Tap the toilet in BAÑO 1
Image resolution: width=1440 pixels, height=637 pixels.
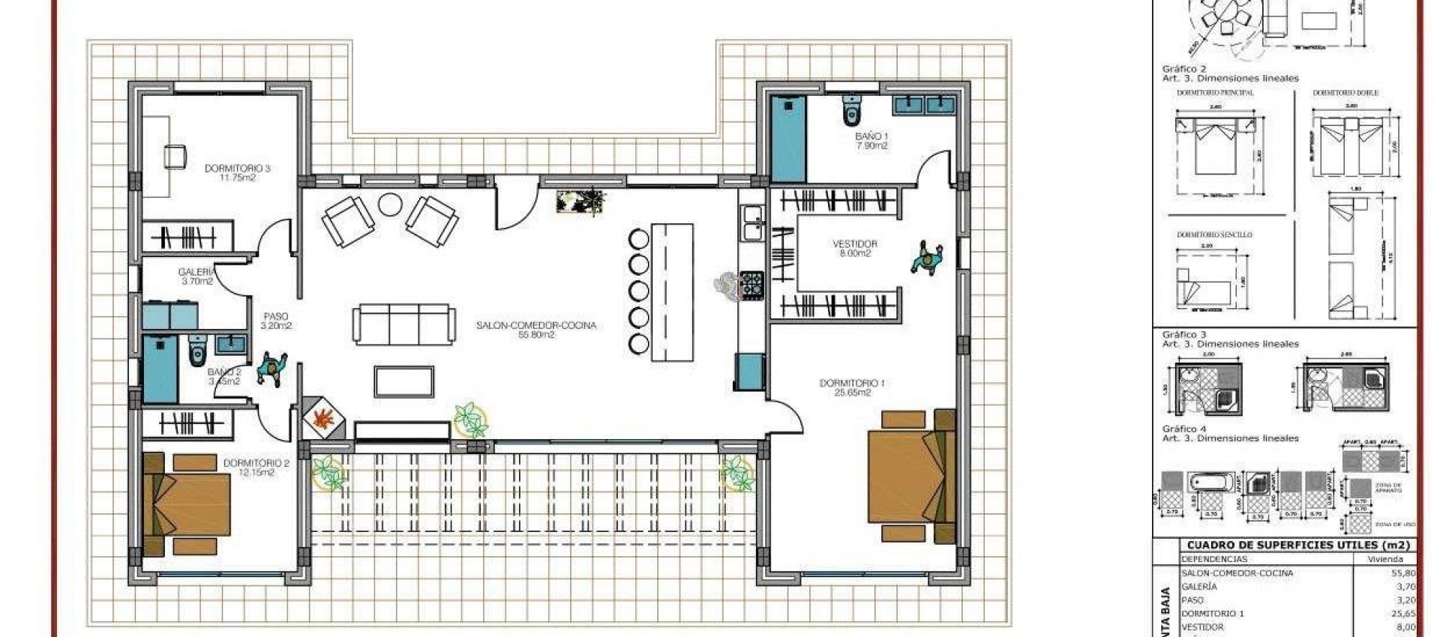coord(852,111)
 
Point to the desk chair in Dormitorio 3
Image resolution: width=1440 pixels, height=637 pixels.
coord(175,156)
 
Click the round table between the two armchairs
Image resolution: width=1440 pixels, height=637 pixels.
coord(390,204)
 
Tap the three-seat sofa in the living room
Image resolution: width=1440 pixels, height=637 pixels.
coord(403,324)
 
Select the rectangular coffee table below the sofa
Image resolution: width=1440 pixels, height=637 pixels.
coord(404,381)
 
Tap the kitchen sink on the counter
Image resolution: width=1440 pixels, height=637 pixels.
coord(751,223)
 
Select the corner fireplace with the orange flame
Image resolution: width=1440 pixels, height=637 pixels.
coord(325,418)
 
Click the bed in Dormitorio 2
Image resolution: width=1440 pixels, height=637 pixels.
coord(187,504)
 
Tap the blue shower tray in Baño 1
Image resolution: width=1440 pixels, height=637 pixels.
coord(788,139)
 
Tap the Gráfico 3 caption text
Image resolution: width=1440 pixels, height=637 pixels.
coord(1185,334)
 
